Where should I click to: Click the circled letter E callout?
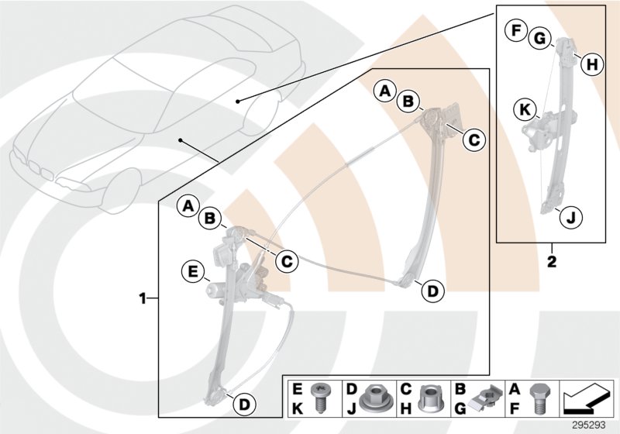pyautogui.click(x=190, y=271)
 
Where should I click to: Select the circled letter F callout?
pyautogui.click(x=514, y=31)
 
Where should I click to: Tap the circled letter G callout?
pyautogui.click(x=539, y=38)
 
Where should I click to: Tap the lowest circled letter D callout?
pyautogui.click(x=243, y=404)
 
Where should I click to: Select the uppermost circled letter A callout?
pyautogui.click(x=384, y=91)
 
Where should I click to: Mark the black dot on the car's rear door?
pyautogui.click(x=239, y=100)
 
